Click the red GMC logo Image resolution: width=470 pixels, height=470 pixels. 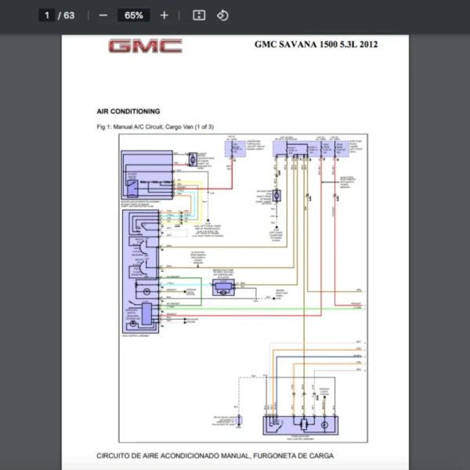pos(145,46)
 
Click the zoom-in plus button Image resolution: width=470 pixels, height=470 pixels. pos(164,15)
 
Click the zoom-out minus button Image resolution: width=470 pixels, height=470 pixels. pos(103,15)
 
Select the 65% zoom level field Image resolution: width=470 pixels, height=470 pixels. pos(133,15)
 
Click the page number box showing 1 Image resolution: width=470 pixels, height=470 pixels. pos(47,15)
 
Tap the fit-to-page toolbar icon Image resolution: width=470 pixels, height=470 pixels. pos(199,15)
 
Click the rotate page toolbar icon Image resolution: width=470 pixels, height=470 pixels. pos(222,15)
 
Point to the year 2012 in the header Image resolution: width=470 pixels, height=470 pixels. pos(367,44)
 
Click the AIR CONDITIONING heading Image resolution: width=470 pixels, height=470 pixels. pos(128,111)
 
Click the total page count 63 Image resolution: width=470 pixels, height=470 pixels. pos(69,15)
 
